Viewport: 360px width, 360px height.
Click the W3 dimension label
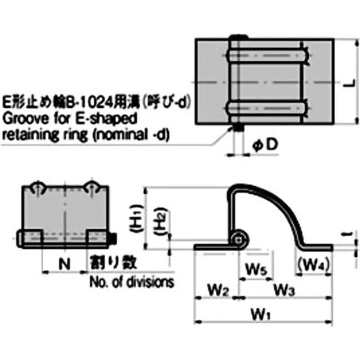(x=284, y=290)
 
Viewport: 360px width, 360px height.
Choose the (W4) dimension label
(x=314, y=266)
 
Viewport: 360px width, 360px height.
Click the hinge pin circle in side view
(x=238, y=238)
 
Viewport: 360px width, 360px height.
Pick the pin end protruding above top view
(x=238, y=37)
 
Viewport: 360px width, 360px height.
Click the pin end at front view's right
(x=114, y=237)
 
